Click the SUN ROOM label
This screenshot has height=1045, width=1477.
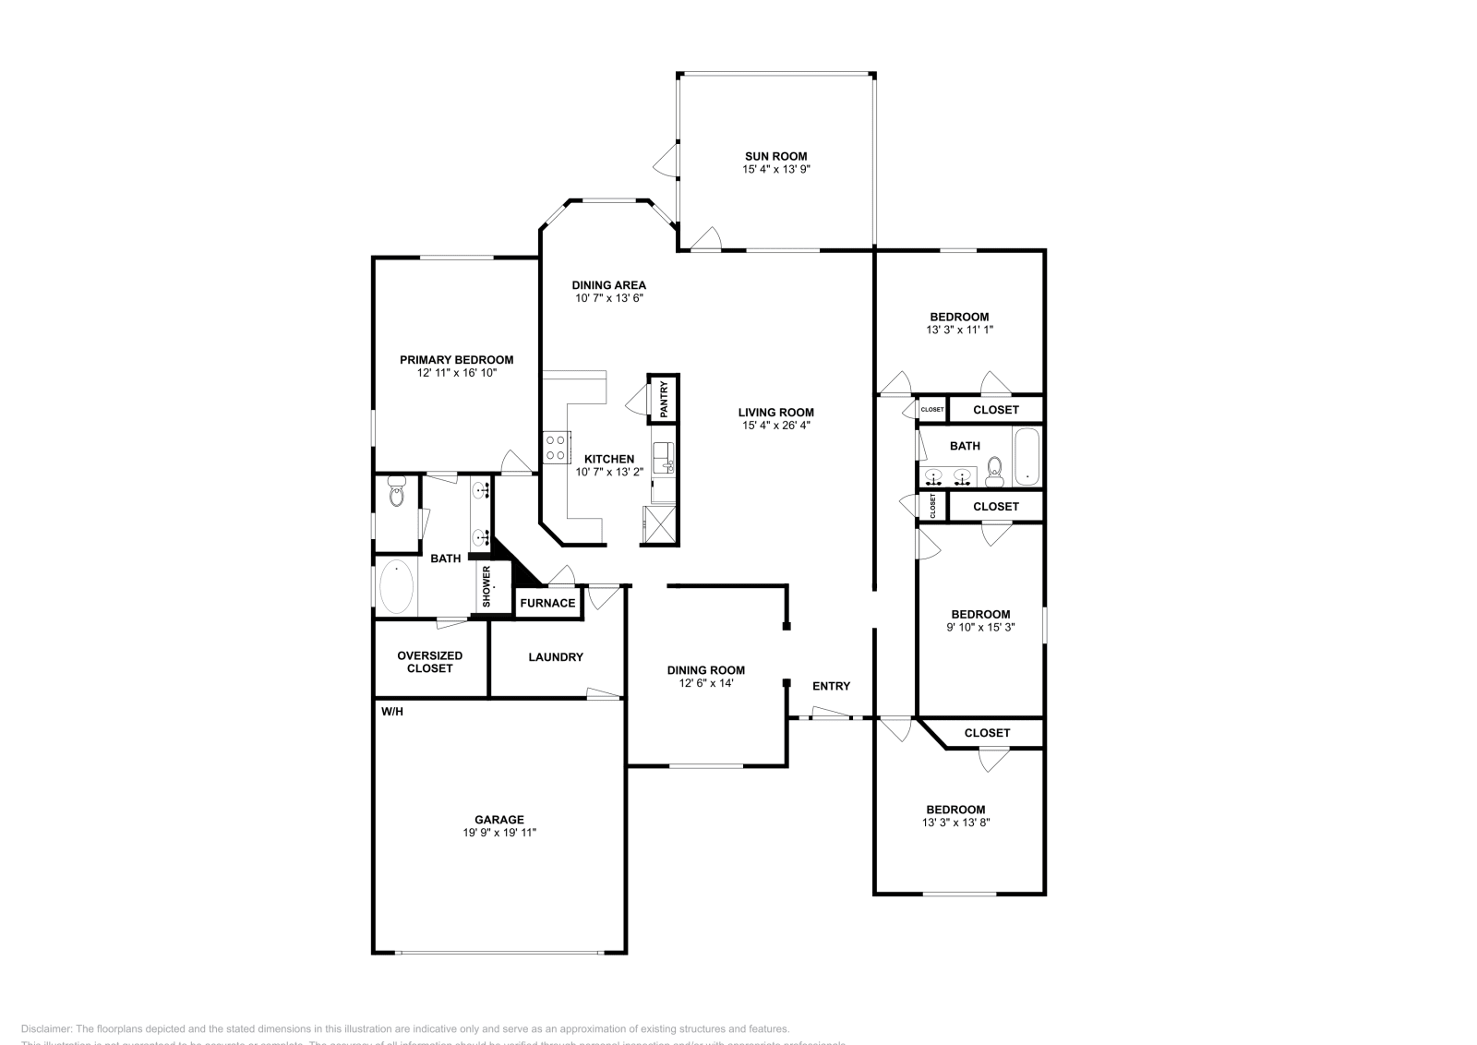[x=775, y=156]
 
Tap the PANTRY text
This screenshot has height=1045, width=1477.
[x=663, y=399]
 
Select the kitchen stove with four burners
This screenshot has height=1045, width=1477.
[x=556, y=448]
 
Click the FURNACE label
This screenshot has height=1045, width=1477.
[x=547, y=603]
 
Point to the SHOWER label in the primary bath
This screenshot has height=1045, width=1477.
[x=486, y=586]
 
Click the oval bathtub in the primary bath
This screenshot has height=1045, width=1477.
[x=397, y=587]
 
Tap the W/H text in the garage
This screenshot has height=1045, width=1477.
[x=392, y=711]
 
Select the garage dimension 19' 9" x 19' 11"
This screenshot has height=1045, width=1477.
[x=499, y=833]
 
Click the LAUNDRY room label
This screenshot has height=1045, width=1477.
[x=556, y=657]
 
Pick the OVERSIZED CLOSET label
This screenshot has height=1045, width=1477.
[x=429, y=662]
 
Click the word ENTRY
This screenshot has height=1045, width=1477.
[x=831, y=686]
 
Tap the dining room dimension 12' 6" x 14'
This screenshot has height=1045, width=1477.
[x=705, y=683]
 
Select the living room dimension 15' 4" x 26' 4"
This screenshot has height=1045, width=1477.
[x=775, y=426]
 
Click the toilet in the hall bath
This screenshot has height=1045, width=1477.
[x=994, y=472]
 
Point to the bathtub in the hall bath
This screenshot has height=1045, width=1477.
[x=1027, y=456]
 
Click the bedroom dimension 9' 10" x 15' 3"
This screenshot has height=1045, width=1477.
[x=980, y=627]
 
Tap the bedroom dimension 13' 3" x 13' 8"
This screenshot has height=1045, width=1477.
[x=956, y=822]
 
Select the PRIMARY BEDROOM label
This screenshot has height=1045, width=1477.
[x=456, y=360]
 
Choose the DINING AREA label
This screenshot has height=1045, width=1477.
[x=608, y=285]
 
